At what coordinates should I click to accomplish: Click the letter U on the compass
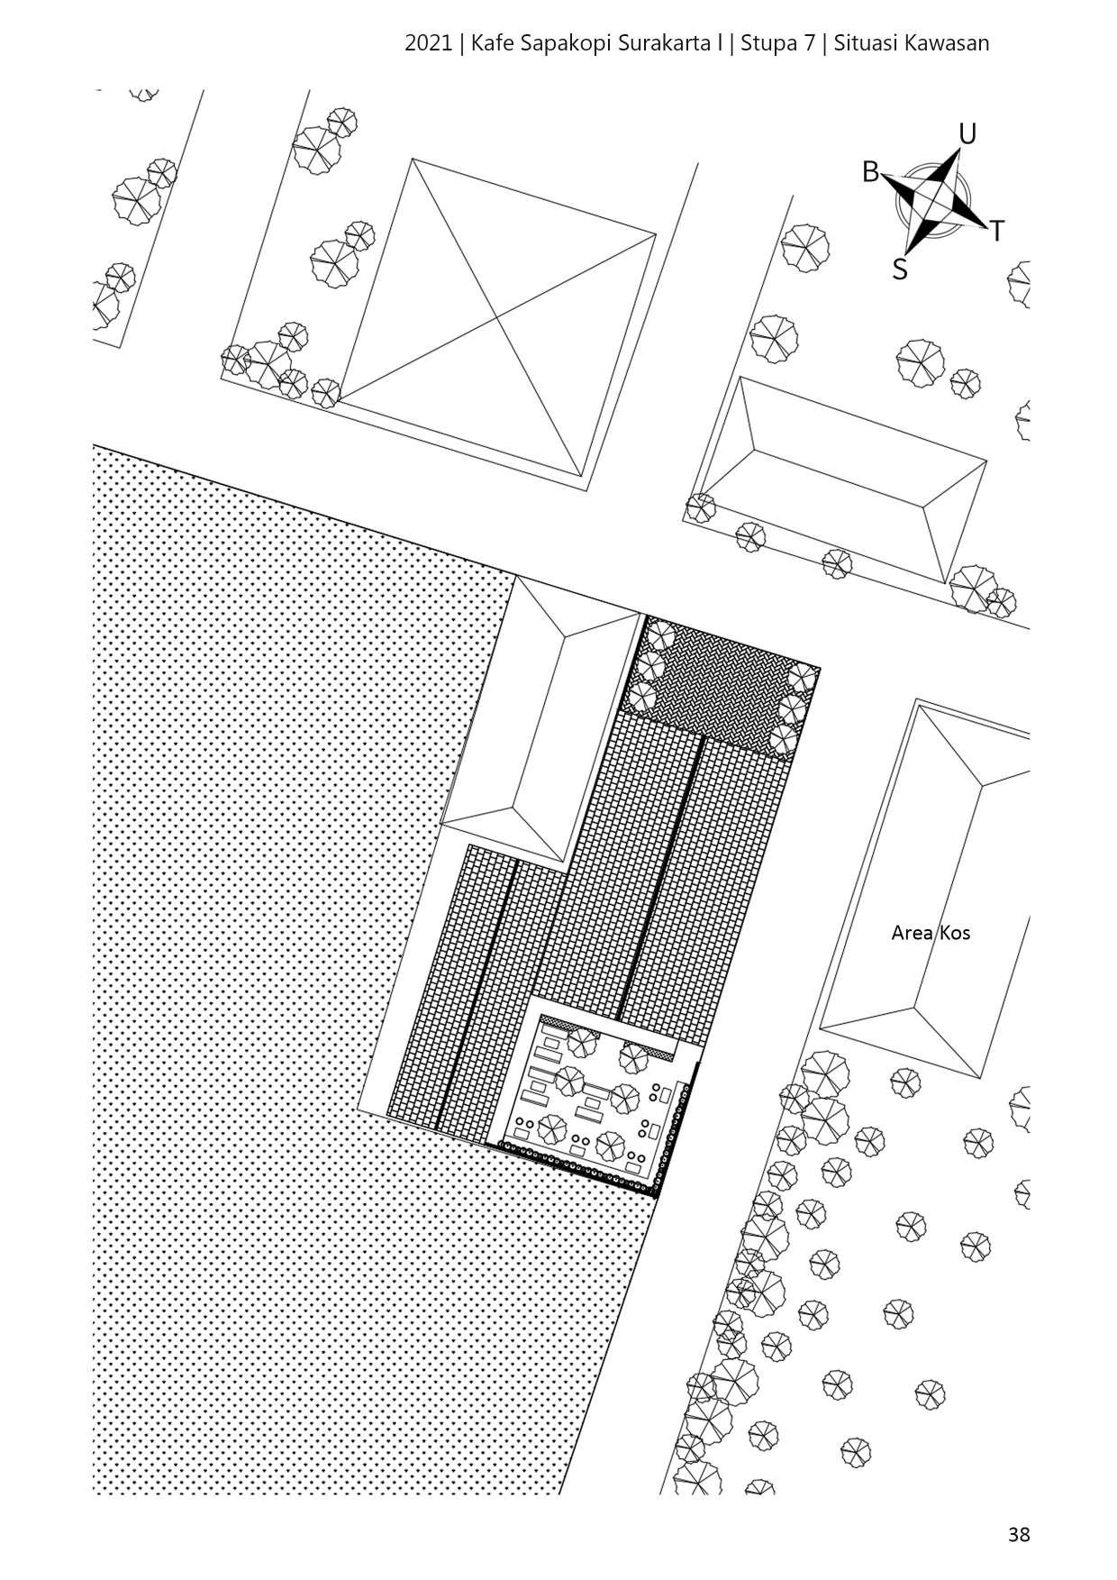click(967, 134)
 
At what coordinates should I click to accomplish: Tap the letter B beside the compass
click(870, 171)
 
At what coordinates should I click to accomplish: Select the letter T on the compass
click(996, 232)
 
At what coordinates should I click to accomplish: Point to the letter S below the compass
click(899, 269)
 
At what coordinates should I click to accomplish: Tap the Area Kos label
click(931, 933)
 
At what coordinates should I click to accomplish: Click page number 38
click(1019, 1534)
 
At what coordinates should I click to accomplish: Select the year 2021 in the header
click(429, 43)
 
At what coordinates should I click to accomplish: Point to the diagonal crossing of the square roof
click(497, 317)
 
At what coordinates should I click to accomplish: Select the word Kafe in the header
click(492, 43)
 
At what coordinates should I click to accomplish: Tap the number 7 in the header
click(809, 43)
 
